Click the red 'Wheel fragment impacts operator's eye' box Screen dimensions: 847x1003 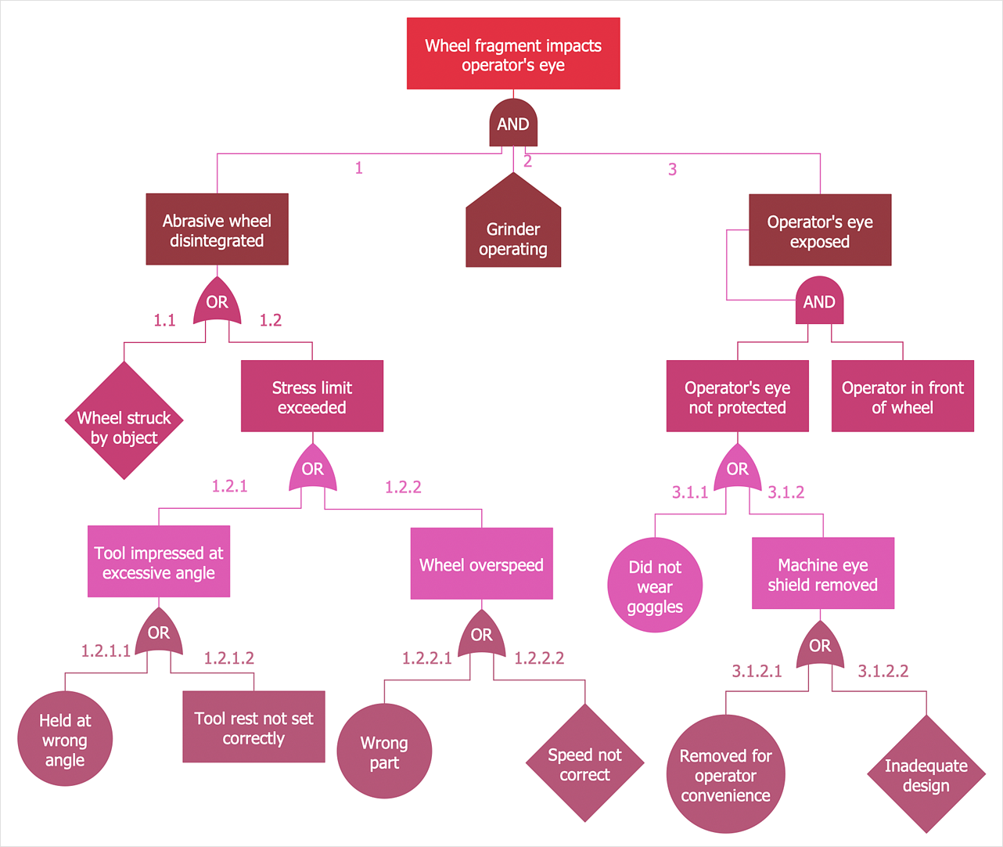point(513,54)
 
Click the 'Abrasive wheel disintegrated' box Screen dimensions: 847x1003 point(217,229)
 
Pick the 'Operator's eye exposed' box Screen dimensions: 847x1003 point(820,230)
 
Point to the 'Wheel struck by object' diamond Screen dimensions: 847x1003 point(124,421)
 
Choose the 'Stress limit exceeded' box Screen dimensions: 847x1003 point(312,396)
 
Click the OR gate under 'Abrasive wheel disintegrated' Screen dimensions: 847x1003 point(217,303)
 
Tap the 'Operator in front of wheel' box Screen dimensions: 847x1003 point(902,396)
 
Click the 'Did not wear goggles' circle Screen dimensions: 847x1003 point(655,586)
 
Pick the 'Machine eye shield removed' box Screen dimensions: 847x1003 point(823,574)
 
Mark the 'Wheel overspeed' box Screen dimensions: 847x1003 point(482,564)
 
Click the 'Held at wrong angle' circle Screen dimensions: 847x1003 point(65,739)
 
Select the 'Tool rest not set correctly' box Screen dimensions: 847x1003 point(253,727)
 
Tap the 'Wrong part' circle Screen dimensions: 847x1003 point(384,751)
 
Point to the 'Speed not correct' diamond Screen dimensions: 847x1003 point(584,763)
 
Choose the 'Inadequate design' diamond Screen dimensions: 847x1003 point(926,774)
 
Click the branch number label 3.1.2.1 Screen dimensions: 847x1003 point(757,671)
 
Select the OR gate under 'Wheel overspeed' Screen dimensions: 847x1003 point(482,635)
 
